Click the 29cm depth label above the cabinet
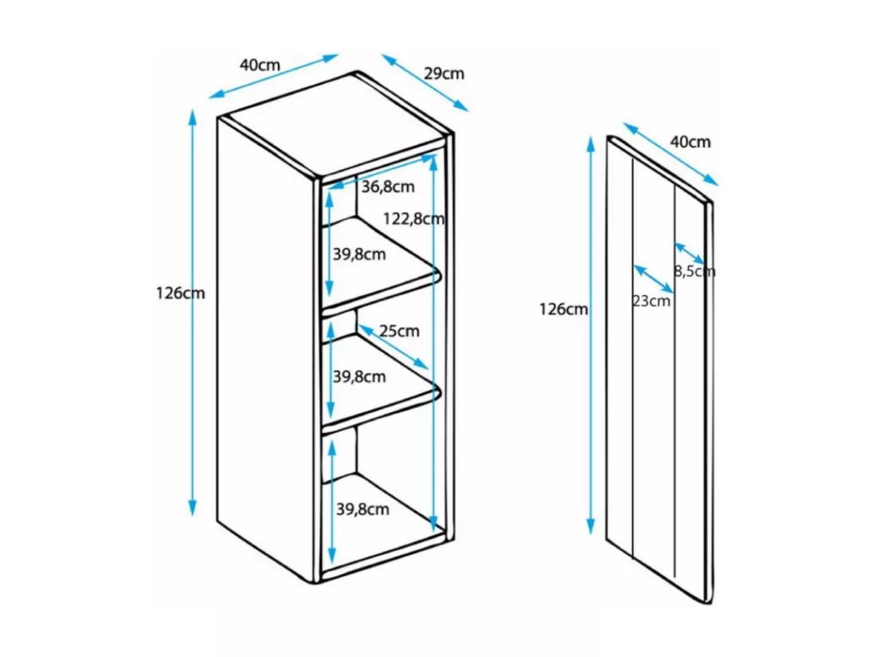444,74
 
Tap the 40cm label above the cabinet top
260,65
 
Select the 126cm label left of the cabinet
180,293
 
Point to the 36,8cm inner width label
388,187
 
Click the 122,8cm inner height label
413,218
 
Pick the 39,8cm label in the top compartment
359,254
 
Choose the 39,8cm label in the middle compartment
359,377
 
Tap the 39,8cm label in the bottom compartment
362,509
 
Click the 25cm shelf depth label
399,331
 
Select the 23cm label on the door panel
651,301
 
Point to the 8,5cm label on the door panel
694,272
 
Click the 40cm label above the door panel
690,142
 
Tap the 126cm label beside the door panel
563,309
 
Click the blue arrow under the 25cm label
393,347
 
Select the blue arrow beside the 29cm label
425,83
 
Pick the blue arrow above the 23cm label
653,279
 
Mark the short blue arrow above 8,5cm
689,254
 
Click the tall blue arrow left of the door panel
591,335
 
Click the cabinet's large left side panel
265,349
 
